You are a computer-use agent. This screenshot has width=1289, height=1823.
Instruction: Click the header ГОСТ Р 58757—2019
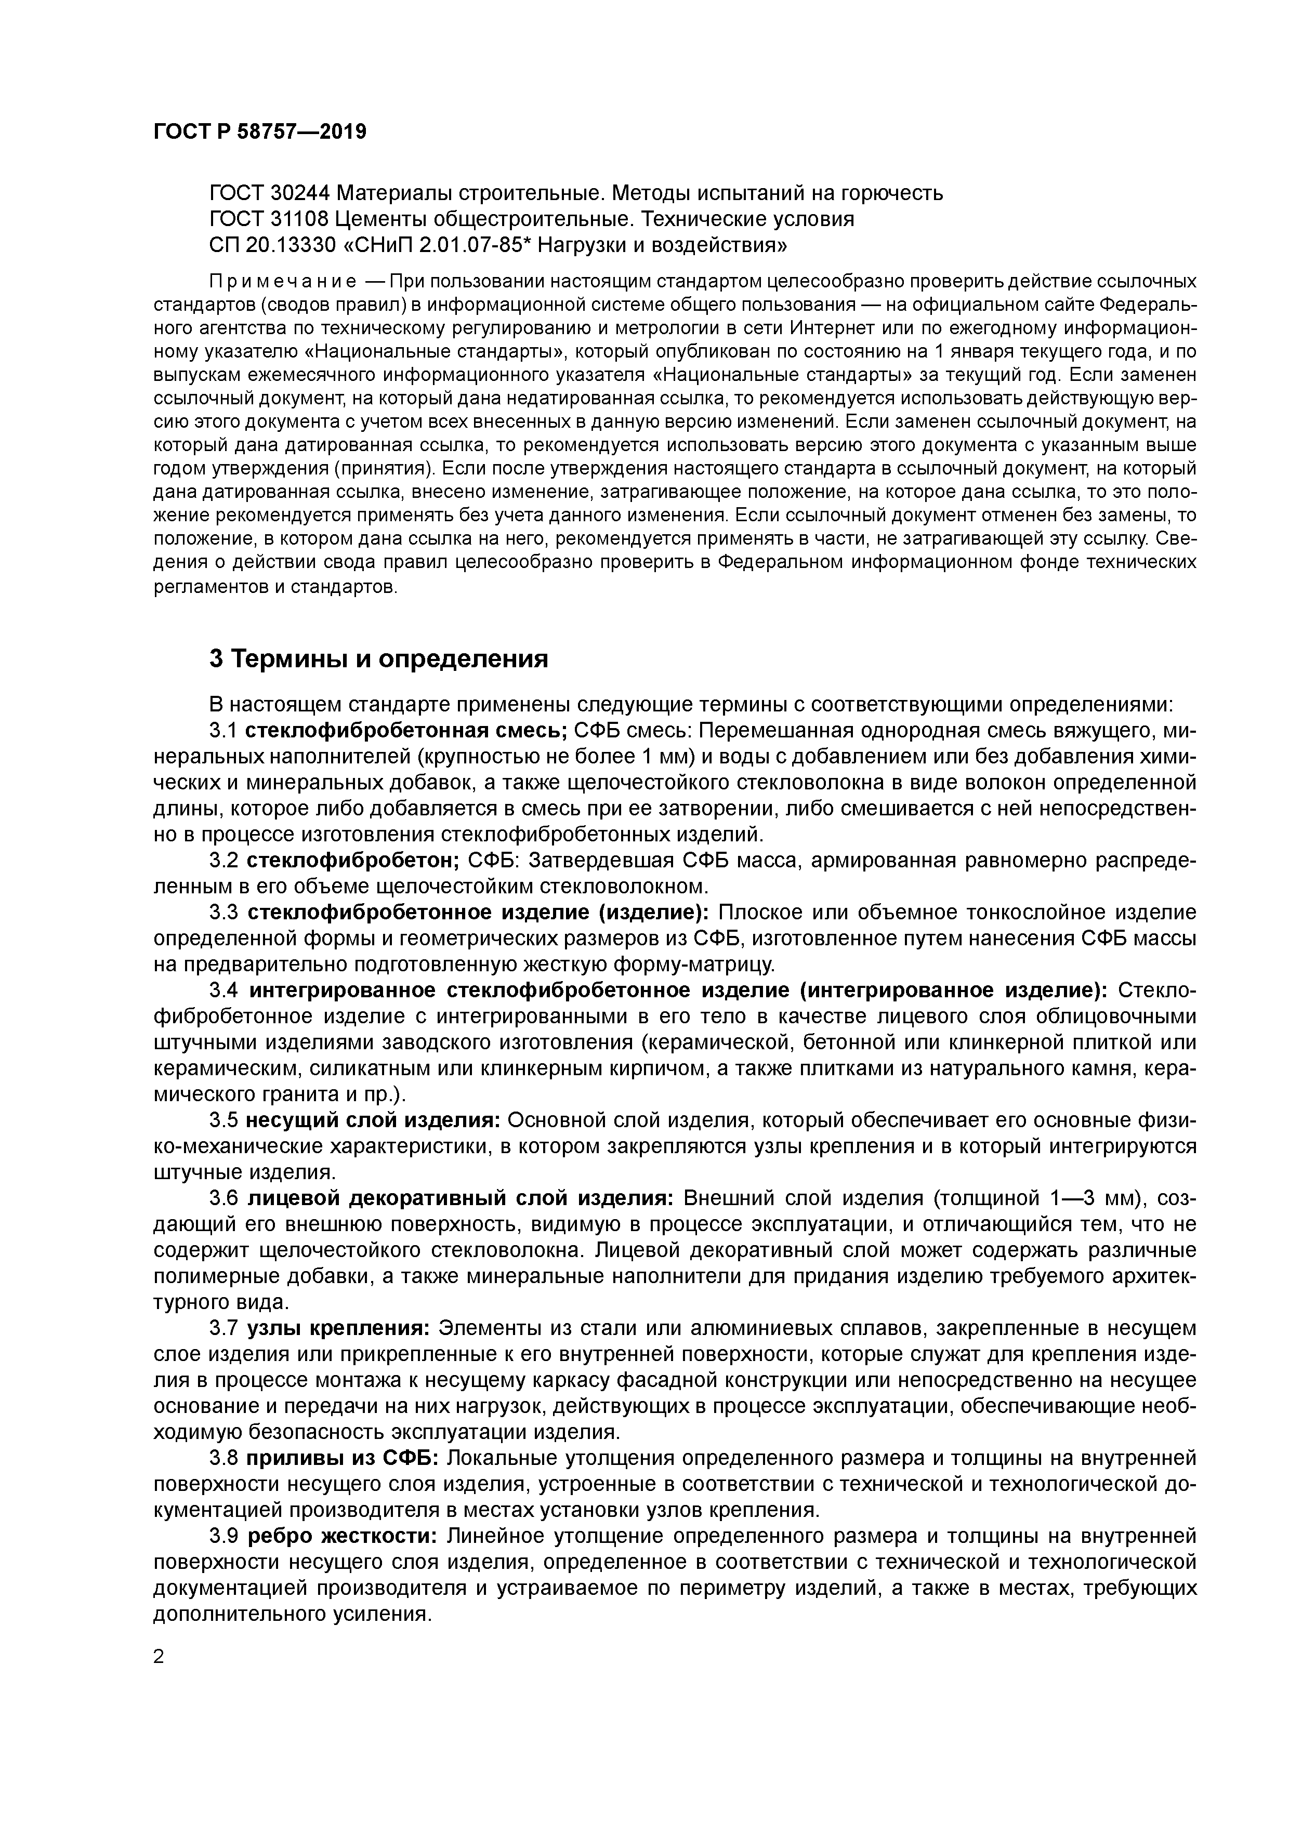tap(260, 132)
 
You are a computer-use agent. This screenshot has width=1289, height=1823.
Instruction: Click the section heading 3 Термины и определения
tap(378, 659)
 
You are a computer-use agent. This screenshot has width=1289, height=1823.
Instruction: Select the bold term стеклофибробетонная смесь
tap(405, 731)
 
